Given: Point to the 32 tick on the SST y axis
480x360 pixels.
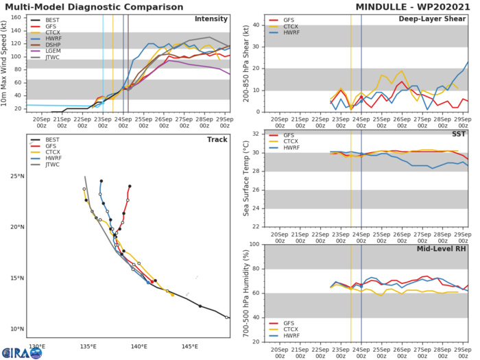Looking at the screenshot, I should [x=255, y=133].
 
